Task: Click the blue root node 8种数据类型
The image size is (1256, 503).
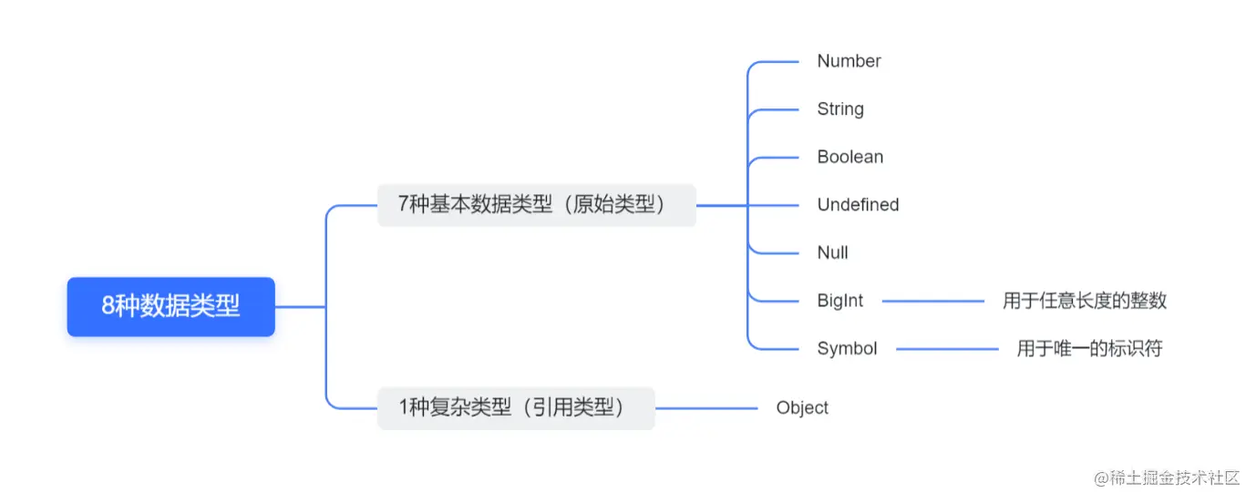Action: pyautogui.click(x=170, y=307)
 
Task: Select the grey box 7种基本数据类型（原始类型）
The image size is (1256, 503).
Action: pyautogui.click(x=536, y=205)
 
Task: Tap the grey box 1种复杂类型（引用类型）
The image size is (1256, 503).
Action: pyautogui.click(x=516, y=407)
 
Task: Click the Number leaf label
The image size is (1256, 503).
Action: pyautogui.click(x=849, y=61)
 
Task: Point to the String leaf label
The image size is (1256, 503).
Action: pyautogui.click(x=839, y=109)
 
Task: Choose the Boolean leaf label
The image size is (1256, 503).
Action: pyautogui.click(x=849, y=157)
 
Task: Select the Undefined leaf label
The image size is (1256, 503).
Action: pyautogui.click(x=858, y=205)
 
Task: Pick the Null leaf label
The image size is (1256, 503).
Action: pyautogui.click(x=832, y=252)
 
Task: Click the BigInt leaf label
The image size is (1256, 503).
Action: pyautogui.click(x=839, y=301)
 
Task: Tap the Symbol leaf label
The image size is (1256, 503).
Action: pyautogui.click(x=847, y=348)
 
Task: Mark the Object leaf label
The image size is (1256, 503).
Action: pyautogui.click(x=802, y=407)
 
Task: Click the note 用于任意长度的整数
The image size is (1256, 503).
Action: pyautogui.click(x=1085, y=301)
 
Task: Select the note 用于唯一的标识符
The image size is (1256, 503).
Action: pyautogui.click(x=1089, y=348)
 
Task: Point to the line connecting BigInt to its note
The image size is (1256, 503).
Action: pyautogui.click(x=932, y=301)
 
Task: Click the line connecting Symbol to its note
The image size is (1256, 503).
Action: pyautogui.click(x=947, y=348)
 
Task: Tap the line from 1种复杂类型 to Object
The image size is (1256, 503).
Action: pyautogui.click(x=706, y=407)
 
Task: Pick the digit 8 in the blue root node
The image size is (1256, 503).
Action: pyautogui.click(x=108, y=307)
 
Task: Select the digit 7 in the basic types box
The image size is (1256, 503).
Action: pyautogui.click(x=404, y=205)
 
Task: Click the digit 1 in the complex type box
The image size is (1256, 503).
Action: pyautogui.click(x=405, y=407)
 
